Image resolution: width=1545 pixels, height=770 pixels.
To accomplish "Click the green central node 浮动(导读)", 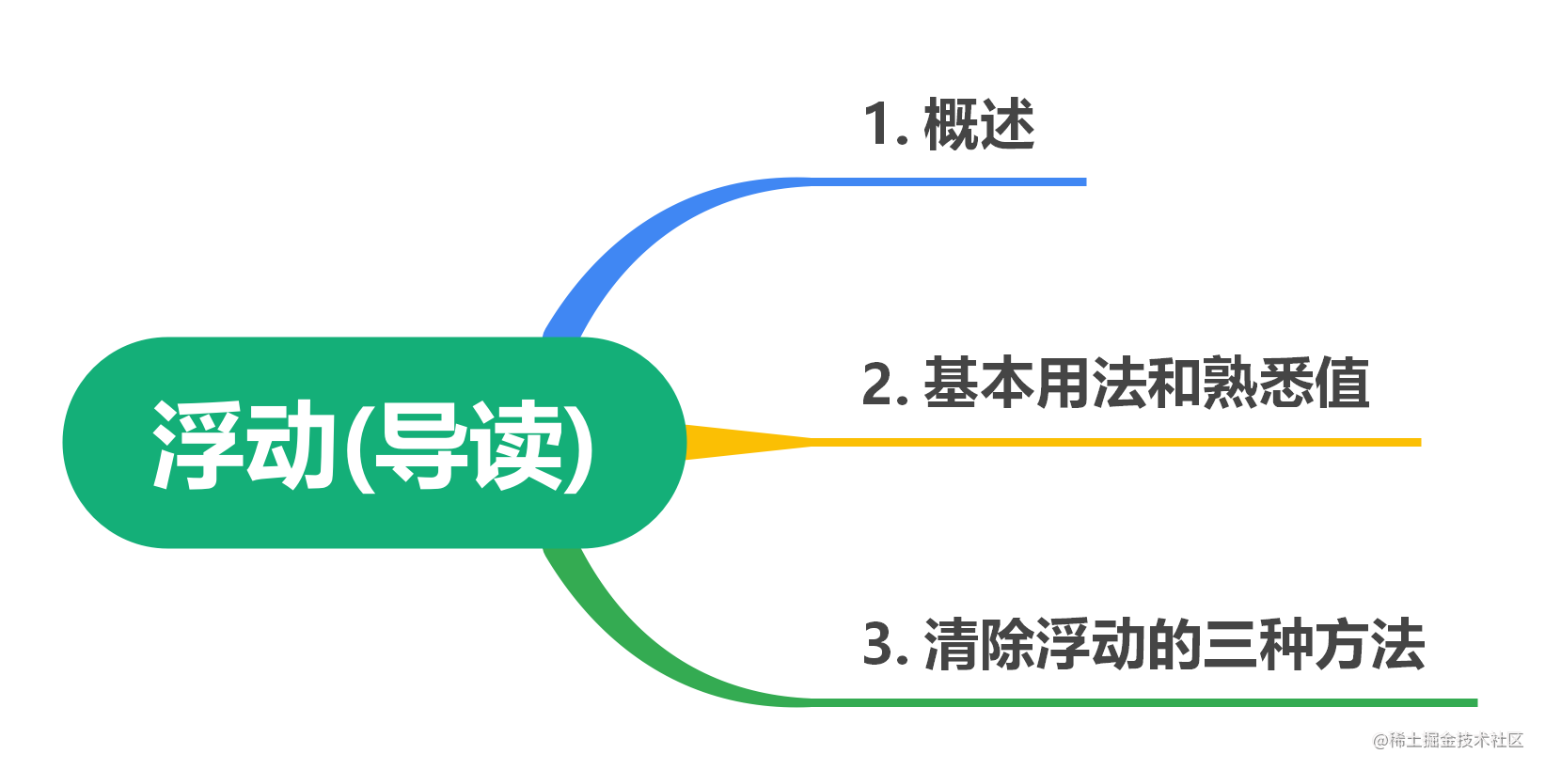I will tap(374, 443).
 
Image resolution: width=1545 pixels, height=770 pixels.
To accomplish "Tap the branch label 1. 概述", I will tap(948, 124).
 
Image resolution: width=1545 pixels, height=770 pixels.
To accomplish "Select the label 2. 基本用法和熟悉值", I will tap(1115, 384).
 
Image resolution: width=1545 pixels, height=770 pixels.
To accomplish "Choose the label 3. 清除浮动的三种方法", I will tap(1143, 645).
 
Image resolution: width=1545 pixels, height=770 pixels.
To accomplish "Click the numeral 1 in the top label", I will tap(876, 125).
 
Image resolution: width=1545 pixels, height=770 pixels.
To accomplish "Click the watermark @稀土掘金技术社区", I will tap(1448, 741).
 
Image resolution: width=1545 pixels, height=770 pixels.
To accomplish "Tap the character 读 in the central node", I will tap(516, 445).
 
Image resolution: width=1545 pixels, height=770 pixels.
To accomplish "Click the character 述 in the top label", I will tap(1006, 124).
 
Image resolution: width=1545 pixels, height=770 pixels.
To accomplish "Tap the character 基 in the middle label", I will tap(950, 384).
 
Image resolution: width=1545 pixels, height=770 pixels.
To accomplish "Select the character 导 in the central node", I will tap(418, 445).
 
